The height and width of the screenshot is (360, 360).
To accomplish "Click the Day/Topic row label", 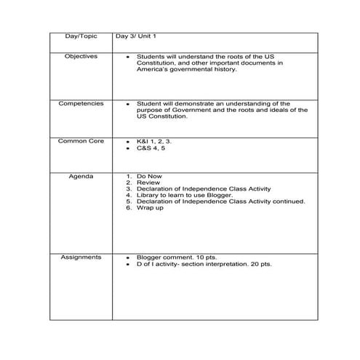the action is (x=80, y=36).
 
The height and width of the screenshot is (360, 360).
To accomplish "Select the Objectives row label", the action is (x=81, y=56).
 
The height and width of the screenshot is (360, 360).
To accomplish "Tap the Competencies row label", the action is (x=81, y=103).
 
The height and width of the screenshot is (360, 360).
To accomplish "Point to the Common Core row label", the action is (x=81, y=140).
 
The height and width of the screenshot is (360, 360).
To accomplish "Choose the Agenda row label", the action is (x=81, y=177).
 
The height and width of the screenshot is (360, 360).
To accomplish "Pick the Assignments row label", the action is (x=81, y=257).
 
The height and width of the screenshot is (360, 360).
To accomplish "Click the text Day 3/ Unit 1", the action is (x=135, y=36).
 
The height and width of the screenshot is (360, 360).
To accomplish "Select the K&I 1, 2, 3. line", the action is (x=154, y=140).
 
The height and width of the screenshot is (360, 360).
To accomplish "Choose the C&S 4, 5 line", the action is (x=153, y=148).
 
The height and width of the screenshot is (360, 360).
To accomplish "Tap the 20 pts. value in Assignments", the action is (x=260, y=264).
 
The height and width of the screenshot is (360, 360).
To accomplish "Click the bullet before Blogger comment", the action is (x=128, y=257).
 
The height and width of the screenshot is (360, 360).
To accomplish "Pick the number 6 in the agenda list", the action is (x=128, y=208).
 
